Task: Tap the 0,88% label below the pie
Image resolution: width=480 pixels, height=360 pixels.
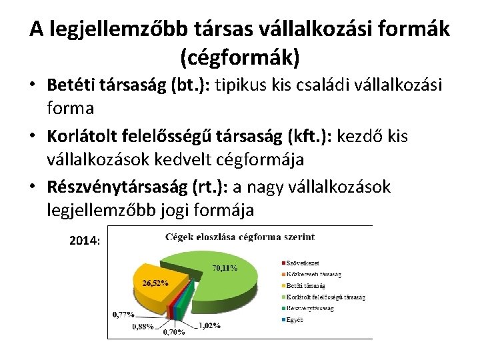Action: (x=143, y=327)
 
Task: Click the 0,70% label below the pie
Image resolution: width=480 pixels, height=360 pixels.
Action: (x=175, y=331)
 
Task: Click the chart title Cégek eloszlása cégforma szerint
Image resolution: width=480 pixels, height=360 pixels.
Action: (x=240, y=237)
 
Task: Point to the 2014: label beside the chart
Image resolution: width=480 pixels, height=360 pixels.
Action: (x=85, y=241)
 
